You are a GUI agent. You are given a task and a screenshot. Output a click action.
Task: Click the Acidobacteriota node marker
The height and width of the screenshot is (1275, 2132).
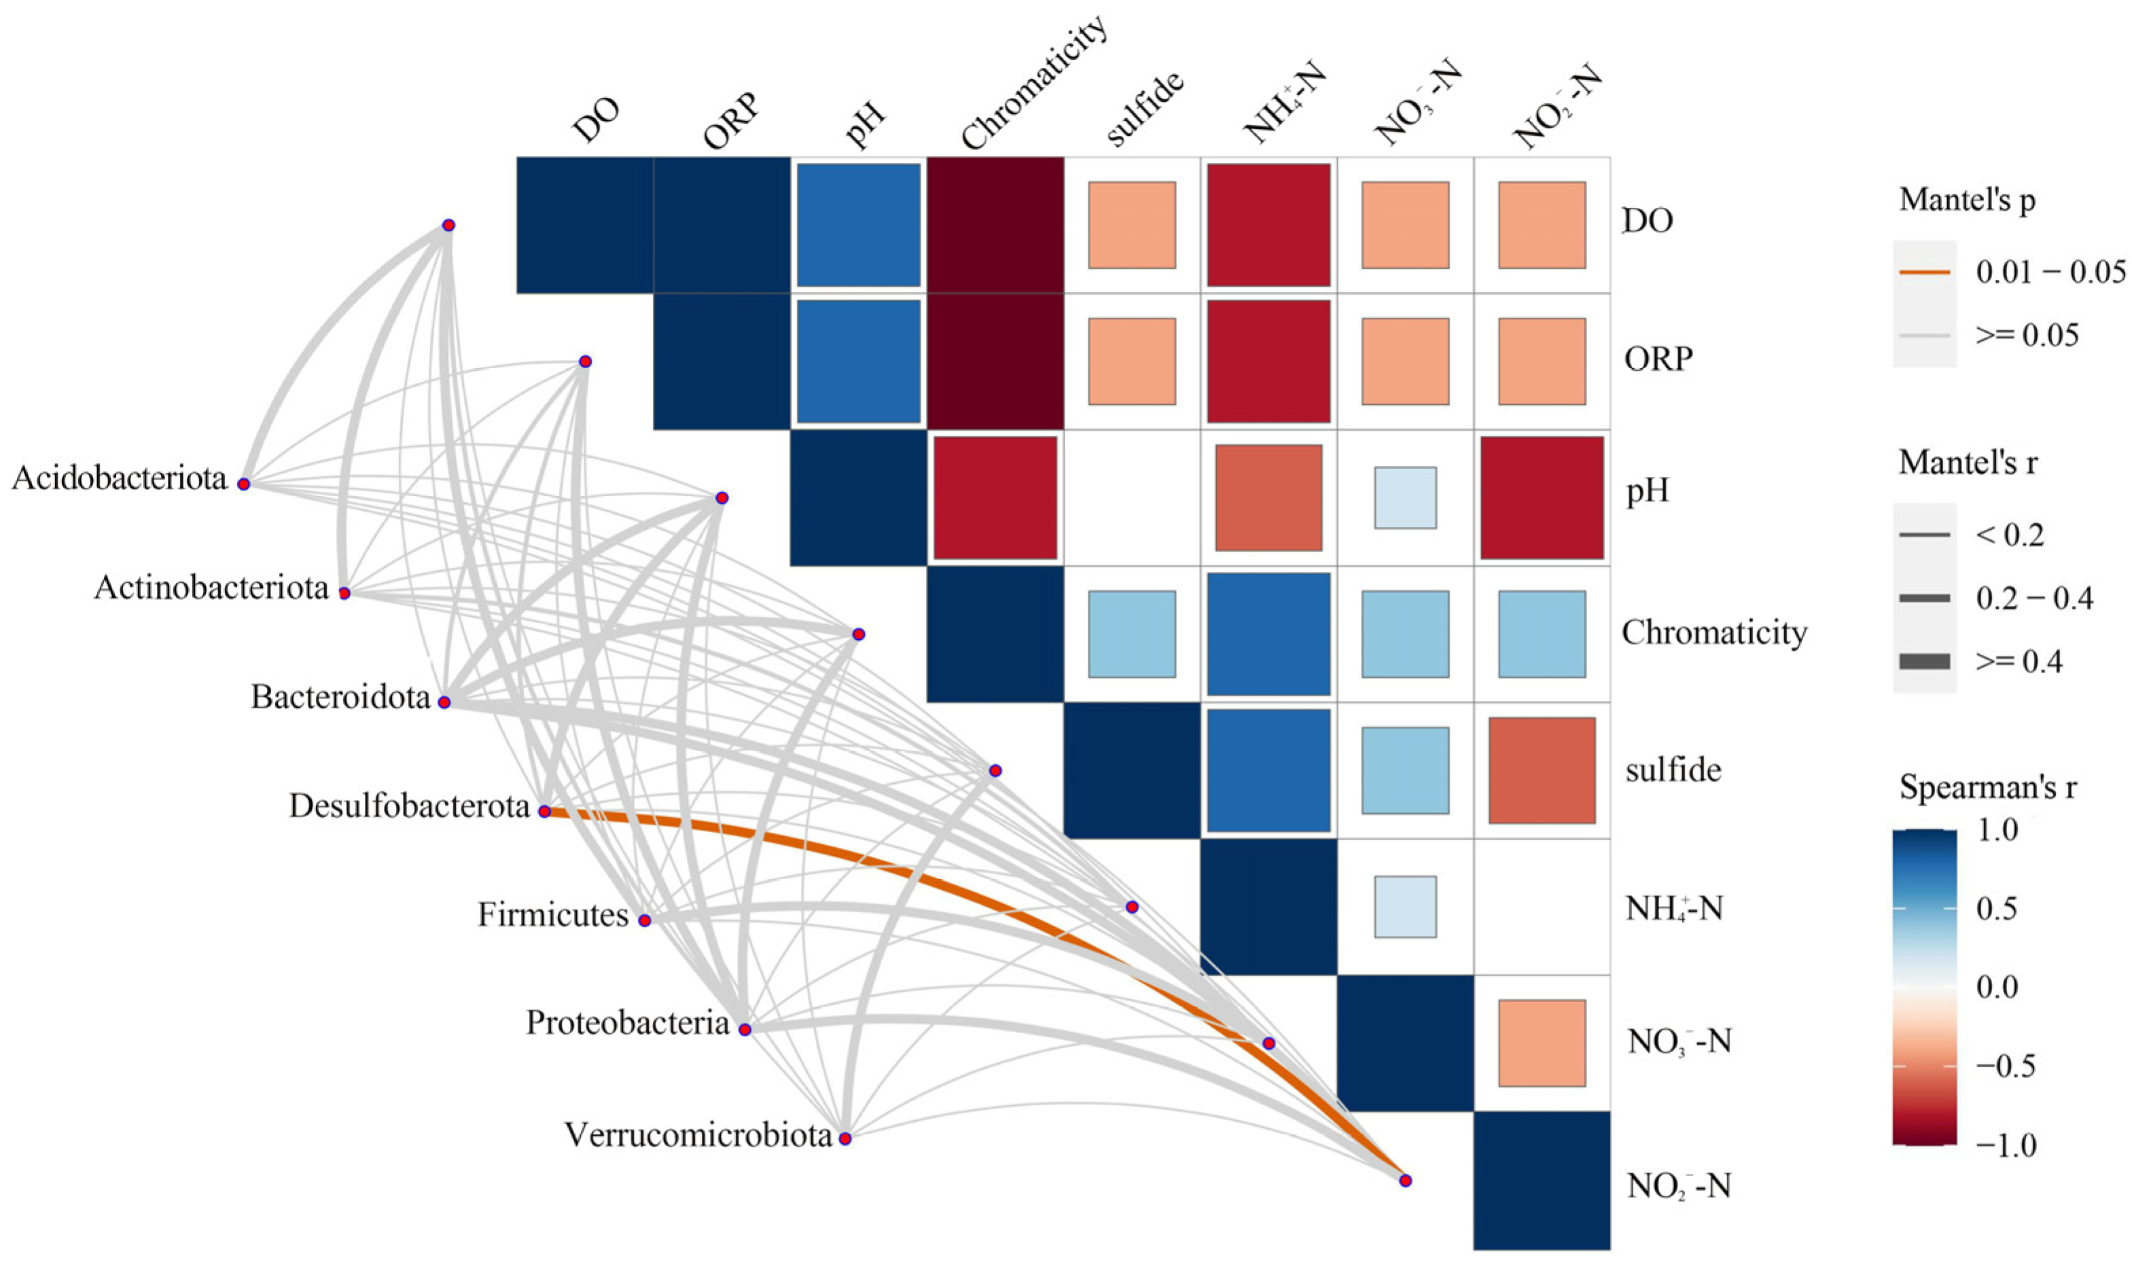pos(244,484)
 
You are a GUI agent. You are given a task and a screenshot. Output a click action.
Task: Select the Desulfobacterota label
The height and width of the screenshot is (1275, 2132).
pos(409,807)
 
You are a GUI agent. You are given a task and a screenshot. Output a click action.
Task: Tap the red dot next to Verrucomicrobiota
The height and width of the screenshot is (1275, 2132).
pos(845,1139)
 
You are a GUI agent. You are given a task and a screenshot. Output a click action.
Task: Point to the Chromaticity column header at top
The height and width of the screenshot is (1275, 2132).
pos(1032,86)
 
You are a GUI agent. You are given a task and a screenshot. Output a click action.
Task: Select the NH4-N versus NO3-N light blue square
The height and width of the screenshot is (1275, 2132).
pos(1405,906)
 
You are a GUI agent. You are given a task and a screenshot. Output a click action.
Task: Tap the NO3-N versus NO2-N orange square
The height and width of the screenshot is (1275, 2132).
pos(1542,1043)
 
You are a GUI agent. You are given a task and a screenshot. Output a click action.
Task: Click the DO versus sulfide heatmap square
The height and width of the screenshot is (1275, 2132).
pos(1132,225)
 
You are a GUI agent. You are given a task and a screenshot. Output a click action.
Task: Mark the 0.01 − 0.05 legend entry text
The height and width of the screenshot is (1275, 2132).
pos(2050,272)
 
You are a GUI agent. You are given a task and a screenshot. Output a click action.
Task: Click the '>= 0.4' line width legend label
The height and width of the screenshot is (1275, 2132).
pos(2019,662)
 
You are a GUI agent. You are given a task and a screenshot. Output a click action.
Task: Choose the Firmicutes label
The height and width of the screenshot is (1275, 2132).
pos(552,916)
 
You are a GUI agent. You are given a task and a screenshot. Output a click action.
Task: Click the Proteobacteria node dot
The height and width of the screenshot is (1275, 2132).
pos(745,1029)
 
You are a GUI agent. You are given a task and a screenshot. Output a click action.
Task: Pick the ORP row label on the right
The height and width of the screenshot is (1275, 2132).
pos(1658,359)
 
